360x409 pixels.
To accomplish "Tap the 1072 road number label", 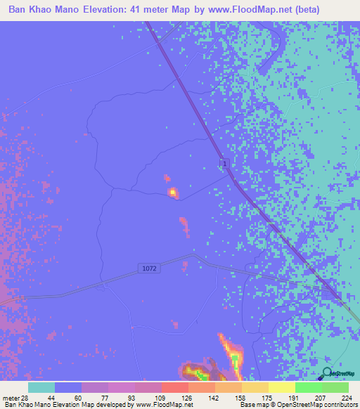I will pyautogui.click(x=148, y=268).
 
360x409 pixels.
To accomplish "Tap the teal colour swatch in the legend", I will pyautogui.click(x=41, y=387).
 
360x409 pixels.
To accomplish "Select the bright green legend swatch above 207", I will pyautogui.click(x=308, y=387).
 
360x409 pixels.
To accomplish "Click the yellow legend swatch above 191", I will pyautogui.click(x=281, y=387).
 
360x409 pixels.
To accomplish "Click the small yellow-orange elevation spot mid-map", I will pyautogui.click(x=172, y=191).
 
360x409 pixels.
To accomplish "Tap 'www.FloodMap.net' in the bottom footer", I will pyautogui.click(x=154, y=405).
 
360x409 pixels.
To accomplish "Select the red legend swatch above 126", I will pyautogui.click(x=174, y=387).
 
